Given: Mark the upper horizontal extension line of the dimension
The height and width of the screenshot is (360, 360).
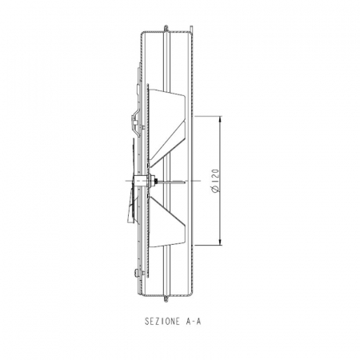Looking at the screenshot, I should (208, 114).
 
